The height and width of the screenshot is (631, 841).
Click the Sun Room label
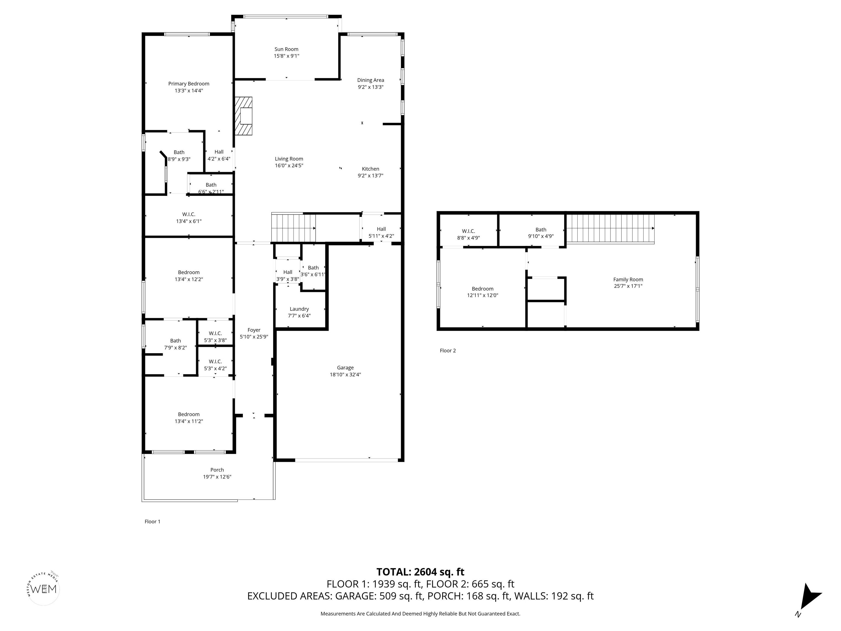(x=286, y=49)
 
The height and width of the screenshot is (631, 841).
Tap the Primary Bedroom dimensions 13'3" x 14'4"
(x=189, y=91)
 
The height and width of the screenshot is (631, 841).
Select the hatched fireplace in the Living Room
(x=243, y=116)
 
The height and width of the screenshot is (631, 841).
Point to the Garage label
(x=345, y=368)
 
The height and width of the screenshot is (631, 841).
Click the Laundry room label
(x=299, y=309)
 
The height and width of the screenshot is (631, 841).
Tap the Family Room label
(x=628, y=279)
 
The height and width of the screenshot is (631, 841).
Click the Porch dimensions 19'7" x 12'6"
(x=217, y=477)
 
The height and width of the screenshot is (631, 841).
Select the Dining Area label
(x=370, y=80)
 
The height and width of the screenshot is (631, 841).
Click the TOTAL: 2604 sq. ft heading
(x=420, y=572)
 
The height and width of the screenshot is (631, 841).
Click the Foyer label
(x=254, y=330)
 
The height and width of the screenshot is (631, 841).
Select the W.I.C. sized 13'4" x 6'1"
(x=189, y=217)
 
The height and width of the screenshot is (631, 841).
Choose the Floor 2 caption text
(x=448, y=350)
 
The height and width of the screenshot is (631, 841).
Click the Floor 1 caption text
(x=152, y=521)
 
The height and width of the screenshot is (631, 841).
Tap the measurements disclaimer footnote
(x=420, y=613)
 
